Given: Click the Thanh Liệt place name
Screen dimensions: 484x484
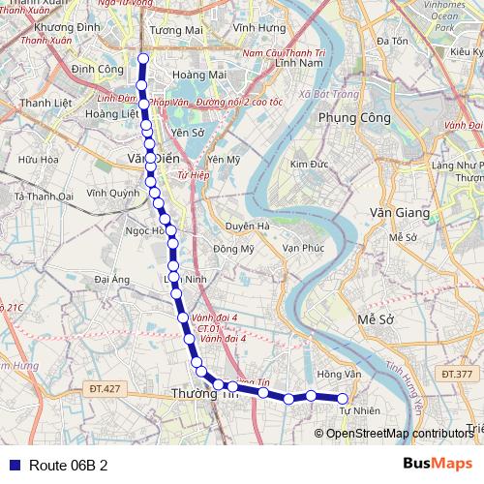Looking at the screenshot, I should (43, 103).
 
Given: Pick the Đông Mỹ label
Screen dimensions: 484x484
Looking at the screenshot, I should (233, 249).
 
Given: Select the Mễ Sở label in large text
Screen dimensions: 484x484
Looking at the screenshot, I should (377, 319).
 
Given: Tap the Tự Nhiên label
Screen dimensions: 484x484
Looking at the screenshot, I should (359, 410).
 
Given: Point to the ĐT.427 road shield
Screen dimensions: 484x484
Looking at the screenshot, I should (106, 388).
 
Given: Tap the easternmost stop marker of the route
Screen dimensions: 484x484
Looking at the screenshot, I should (342, 398).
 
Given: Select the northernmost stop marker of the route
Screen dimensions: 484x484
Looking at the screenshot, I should (143, 59).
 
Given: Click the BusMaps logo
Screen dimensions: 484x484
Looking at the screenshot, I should (438, 464).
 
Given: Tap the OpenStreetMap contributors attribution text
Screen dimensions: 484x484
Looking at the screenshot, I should (401, 433).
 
